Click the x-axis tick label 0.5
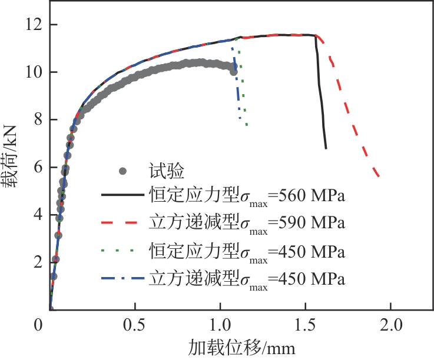tap(135, 325)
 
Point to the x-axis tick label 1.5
tap(305, 325)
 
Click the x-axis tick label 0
tap(39, 325)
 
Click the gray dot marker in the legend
tap(123, 171)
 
